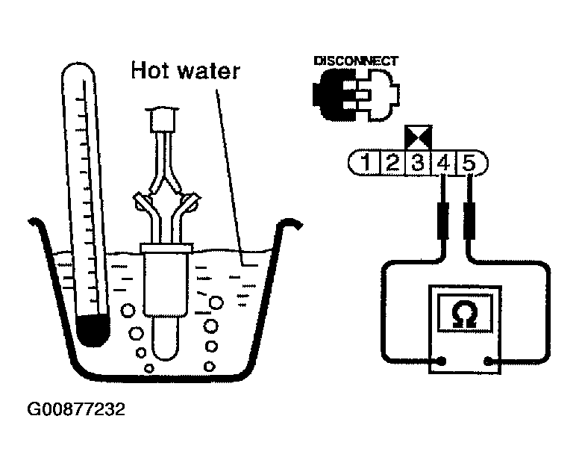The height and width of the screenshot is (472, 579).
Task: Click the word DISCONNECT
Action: click(x=356, y=60)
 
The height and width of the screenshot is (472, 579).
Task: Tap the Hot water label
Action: click(x=186, y=71)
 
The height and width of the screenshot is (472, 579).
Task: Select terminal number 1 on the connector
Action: click(x=366, y=162)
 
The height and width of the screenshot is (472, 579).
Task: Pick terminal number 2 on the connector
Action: click(x=392, y=162)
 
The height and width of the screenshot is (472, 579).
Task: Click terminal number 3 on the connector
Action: click(x=418, y=162)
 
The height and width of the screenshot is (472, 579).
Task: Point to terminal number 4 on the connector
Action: click(x=444, y=162)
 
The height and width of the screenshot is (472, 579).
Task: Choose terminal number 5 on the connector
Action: click(x=470, y=162)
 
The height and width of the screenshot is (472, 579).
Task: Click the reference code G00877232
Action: click(x=76, y=410)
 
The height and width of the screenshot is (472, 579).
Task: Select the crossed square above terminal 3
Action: click(x=417, y=137)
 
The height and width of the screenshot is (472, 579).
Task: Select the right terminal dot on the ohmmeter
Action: click(x=489, y=361)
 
